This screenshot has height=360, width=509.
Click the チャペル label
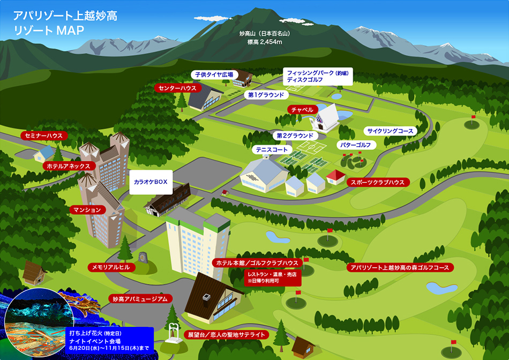(302, 110)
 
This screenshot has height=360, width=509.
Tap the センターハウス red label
(177, 88)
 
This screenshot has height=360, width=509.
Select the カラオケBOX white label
(151, 182)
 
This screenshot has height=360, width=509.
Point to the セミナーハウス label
(44, 136)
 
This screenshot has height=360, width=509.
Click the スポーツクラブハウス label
(378, 183)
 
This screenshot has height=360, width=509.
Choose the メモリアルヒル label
(111, 267)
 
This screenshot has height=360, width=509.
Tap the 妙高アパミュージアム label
(140, 298)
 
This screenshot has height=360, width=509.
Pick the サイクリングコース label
(390, 131)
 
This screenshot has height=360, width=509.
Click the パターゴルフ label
(356, 145)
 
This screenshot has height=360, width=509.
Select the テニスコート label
(272, 149)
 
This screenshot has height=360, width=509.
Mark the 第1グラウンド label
(266, 95)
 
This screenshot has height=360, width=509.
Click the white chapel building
(324, 118)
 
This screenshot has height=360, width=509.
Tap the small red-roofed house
(335, 177)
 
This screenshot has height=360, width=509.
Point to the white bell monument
(174, 333)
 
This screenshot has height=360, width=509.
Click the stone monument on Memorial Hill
(143, 258)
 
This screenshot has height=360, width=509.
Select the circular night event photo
(39, 322)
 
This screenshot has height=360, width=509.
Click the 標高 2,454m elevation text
(265, 42)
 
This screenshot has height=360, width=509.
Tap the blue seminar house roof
(45, 152)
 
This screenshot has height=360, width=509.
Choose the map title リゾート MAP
(49, 30)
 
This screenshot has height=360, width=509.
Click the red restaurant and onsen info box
(273, 277)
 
